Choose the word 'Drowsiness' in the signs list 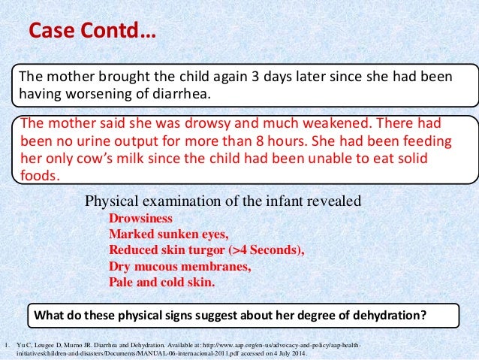(140, 219)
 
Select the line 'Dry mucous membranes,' (180, 267)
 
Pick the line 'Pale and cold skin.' (161, 283)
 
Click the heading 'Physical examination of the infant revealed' (224, 201)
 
